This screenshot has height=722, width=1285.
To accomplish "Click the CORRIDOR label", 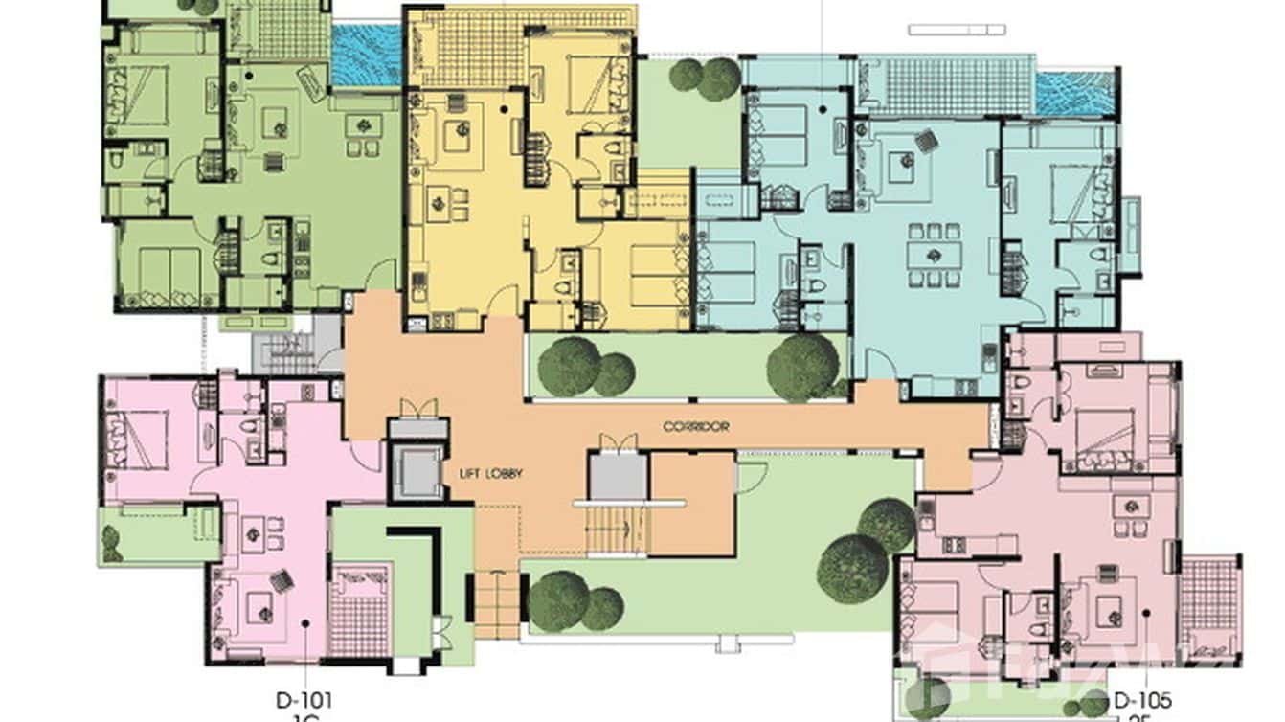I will pos(696,426).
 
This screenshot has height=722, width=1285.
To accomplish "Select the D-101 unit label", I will pos(304,700).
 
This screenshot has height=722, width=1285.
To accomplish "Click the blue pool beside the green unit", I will pos(366,56).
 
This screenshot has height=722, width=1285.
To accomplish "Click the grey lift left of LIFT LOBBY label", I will pos(417,470).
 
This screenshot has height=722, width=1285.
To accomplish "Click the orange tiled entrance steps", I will pos(496,604).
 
